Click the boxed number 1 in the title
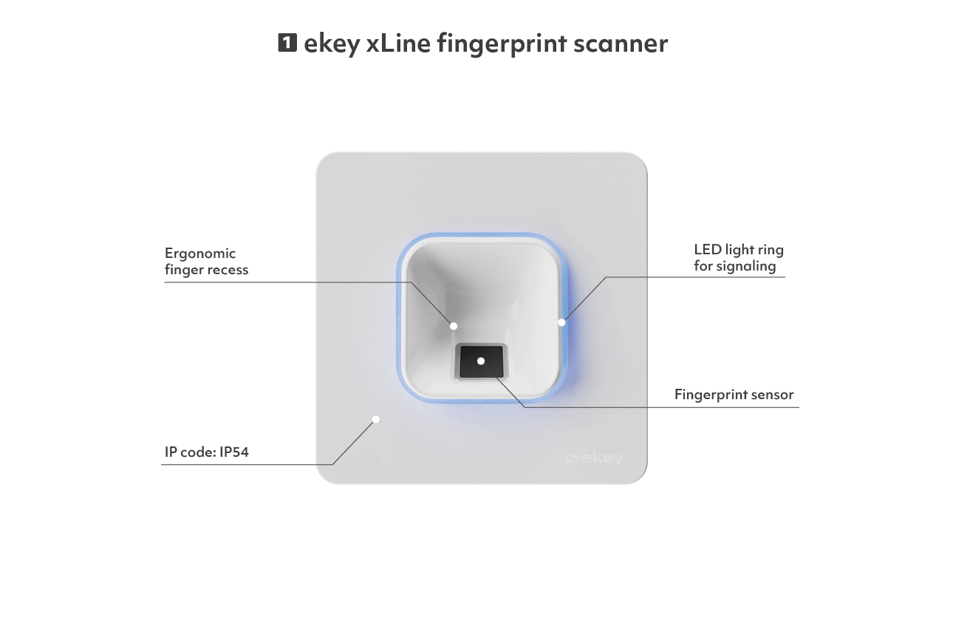click(x=287, y=43)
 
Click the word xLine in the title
click(x=398, y=44)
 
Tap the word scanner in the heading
click(x=621, y=44)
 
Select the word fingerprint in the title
click(x=502, y=44)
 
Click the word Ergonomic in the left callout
click(x=200, y=254)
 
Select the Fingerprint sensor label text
click(x=734, y=395)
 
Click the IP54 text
click(x=234, y=452)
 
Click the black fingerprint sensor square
click(x=481, y=361)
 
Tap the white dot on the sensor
click(x=481, y=361)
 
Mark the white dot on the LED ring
click(x=561, y=322)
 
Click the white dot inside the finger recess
click(x=454, y=326)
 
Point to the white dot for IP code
click(x=376, y=419)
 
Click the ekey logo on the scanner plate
click(x=595, y=458)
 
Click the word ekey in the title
click(x=332, y=44)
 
